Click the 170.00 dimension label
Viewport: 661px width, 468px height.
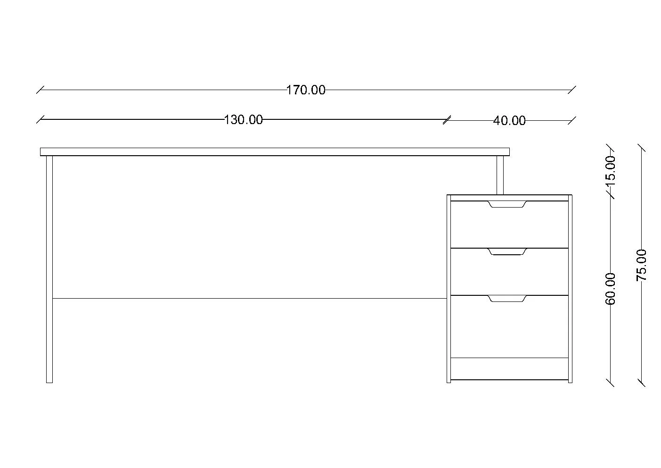click(x=306, y=90)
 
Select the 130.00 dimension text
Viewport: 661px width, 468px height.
click(x=243, y=120)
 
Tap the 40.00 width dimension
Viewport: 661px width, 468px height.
click(x=509, y=121)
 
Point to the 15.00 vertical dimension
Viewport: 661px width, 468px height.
click(x=610, y=169)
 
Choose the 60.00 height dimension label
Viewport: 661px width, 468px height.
click(x=610, y=289)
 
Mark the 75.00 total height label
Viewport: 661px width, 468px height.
click(x=642, y=265)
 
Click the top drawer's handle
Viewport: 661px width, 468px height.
click(x=507, y=204)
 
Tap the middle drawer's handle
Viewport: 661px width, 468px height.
click(x=507, y=252)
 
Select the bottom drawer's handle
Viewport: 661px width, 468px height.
click(x=507, y=299)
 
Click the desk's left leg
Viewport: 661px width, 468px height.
click(x=49, y=269)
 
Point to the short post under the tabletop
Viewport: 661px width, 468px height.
click(x=500, y=175)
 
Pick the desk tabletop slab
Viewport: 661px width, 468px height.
click(x=275, y=152)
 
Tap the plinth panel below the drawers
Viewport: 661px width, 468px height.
click(x=509, y=368)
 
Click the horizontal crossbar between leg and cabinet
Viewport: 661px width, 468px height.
click(x=249, y=298)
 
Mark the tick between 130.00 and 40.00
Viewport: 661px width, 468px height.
click(x=447, y=120)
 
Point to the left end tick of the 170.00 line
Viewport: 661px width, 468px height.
click(x=41, y=90)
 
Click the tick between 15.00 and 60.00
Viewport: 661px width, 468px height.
click(x=610, y=194)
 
